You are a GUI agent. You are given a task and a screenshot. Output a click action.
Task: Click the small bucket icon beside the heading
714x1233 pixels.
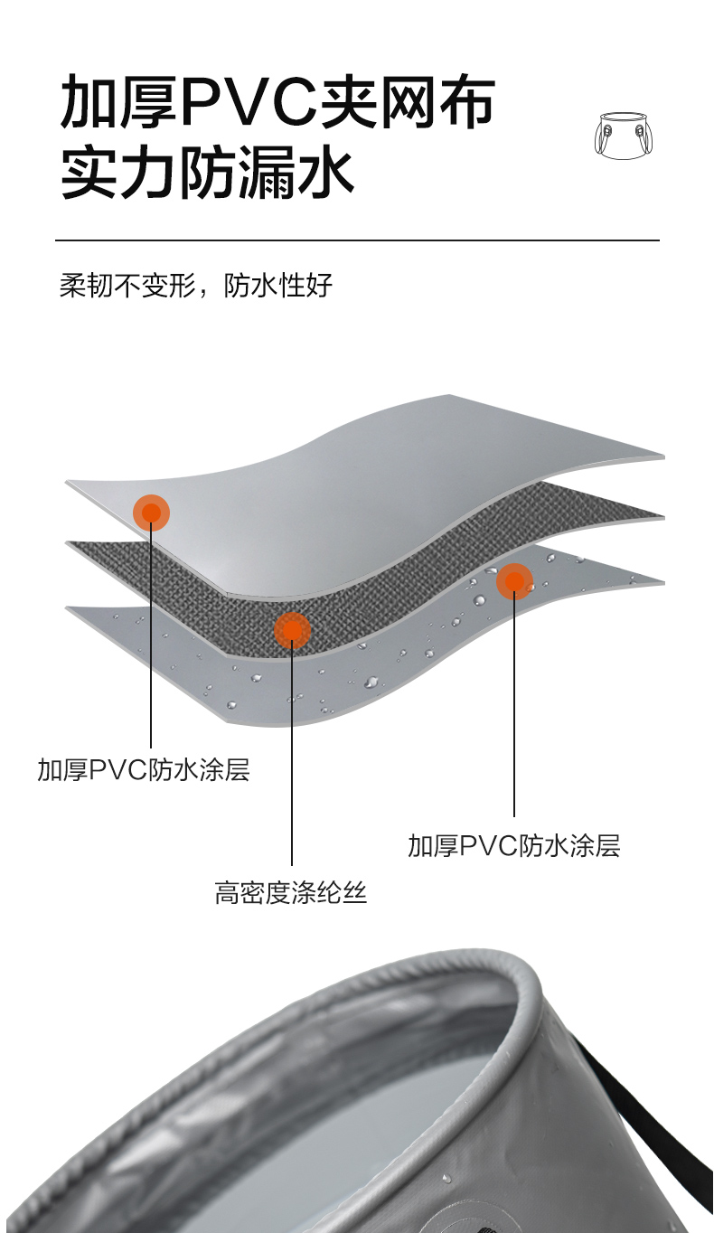(624, 136)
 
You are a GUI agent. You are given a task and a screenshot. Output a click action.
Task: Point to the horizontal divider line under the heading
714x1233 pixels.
(357, 240)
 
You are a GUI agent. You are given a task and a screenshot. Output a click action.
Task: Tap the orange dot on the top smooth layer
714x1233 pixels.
(151, 513)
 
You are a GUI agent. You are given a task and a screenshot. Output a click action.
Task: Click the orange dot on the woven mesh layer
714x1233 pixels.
(292, 630)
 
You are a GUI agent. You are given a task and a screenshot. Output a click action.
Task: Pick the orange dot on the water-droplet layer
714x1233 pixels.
(514, 581)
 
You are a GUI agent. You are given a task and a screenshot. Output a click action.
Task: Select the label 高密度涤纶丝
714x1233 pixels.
(291, 893)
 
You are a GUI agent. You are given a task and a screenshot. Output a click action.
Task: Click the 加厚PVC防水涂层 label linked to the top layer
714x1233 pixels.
(144, 770)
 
